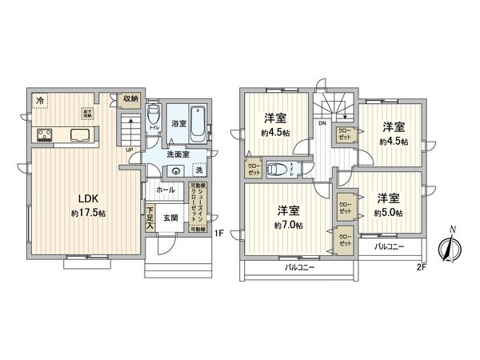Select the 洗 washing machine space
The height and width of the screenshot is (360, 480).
(x=198, y=170)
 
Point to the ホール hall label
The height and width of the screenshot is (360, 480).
(x=166, y=190)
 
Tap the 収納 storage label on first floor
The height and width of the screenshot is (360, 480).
(x=130, y=98)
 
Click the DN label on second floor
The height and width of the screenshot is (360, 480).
(x=321, y=123)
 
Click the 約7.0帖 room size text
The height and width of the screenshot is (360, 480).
(x=287, y=225)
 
